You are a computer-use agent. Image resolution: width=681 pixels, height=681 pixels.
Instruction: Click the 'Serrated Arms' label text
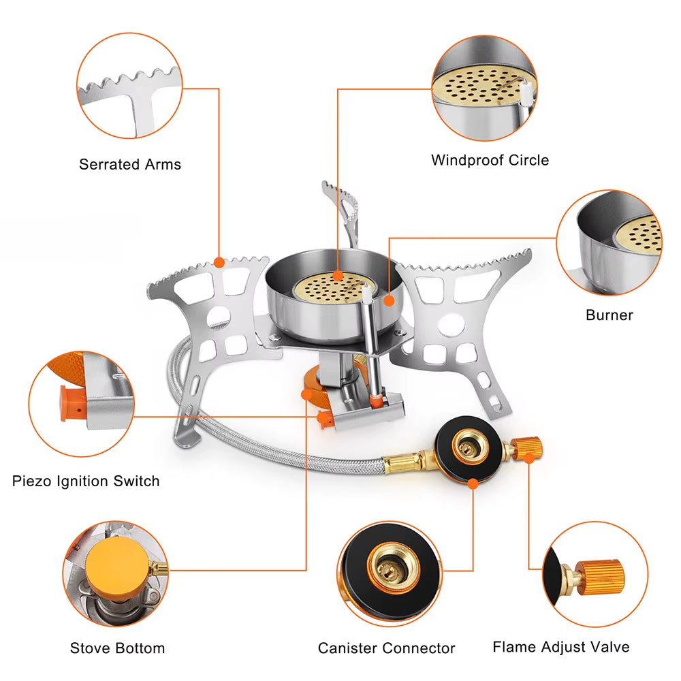coord(130,164)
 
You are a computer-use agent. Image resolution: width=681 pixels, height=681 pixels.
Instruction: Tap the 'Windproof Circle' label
coord(490,160)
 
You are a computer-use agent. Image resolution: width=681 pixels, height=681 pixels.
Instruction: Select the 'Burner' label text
coord(609,315)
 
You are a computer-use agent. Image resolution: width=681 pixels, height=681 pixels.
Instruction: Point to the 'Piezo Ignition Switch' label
coord(86,481)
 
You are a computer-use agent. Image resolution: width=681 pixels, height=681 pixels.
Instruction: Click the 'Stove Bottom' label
coord(117,648)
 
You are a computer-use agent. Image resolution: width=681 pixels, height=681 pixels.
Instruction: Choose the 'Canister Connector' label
coord(386,648)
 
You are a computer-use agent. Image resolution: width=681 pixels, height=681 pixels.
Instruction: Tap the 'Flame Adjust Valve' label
coord(561,646)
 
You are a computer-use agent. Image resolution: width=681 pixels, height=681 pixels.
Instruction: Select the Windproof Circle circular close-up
coord(484,89)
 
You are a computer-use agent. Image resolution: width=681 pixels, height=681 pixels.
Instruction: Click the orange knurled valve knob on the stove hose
coord(527,447)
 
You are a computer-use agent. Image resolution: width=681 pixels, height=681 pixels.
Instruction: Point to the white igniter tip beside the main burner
coord(368,294)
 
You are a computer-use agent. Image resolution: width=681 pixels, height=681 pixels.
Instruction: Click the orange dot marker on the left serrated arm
coord(219,262)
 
